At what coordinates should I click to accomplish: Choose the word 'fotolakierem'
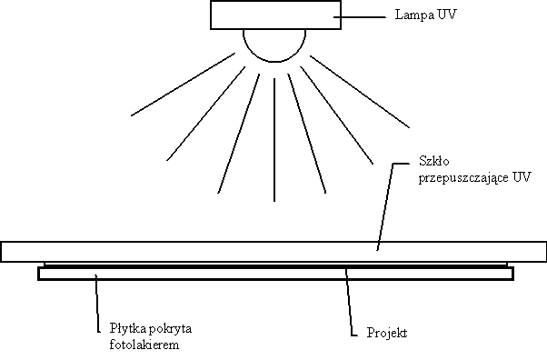pos(129,345)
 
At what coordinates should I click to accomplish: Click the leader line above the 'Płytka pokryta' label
pos(96,305)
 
